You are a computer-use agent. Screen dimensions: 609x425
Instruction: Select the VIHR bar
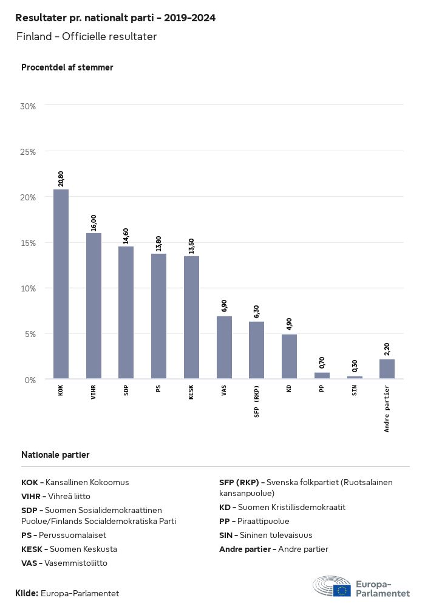(93, 306)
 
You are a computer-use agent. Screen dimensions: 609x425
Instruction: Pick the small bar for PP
(322, 376)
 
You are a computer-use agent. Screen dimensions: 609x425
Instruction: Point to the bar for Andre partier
(387, 369)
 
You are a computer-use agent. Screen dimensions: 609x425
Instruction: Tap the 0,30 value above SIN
(355, 366)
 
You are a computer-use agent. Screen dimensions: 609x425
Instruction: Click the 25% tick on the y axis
(28, 151)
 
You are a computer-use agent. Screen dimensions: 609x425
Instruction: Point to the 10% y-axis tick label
(28, 288)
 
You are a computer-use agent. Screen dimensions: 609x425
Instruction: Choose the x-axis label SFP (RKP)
(257, 401)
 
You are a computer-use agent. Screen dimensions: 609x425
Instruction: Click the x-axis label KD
(289, 389)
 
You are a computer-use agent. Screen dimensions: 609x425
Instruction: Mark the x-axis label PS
(158, 389)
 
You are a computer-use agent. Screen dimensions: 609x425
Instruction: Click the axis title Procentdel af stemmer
(67, 67)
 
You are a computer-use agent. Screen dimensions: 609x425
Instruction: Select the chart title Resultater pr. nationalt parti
(115, 18)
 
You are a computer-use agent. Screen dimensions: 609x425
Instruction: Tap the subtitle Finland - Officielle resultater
(87, 37)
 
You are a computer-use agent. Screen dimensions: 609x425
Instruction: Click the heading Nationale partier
(55, 455)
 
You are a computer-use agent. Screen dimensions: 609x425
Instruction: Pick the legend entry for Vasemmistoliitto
(64, 563)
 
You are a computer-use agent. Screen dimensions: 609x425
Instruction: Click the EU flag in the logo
(342, 589)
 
